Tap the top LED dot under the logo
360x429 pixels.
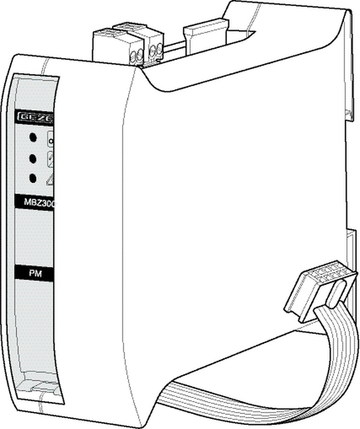pos(33,138)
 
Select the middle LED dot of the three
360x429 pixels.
pos(33,158)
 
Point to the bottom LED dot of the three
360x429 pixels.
pos(33,179)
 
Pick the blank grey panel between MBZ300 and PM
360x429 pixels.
pos(35,237)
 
